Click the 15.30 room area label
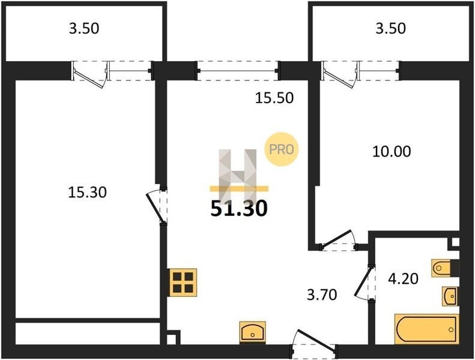pos(87,192)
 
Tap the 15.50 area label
pos(274,98)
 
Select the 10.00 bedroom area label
pos(392,151)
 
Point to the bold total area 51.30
pos(239,209)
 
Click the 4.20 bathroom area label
pos(403,278)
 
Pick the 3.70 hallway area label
pos(322,295)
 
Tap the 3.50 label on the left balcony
pos(84,28)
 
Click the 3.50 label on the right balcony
pos(390,28)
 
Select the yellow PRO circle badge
pos(282,149)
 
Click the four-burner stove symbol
pos(183,282)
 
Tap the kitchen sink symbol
pos(253,332)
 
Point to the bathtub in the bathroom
pos(426,329)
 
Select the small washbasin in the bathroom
pos(450,296)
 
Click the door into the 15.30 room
pos(157,206)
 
